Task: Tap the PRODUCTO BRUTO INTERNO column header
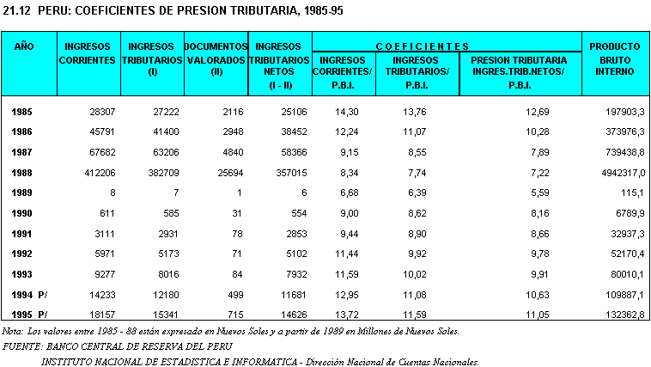coord(615,58)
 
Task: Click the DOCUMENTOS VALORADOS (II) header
coord(216,58)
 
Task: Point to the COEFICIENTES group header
coord(447,46)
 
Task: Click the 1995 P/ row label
coord(30,315)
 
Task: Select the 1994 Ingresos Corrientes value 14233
coord(99,294)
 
